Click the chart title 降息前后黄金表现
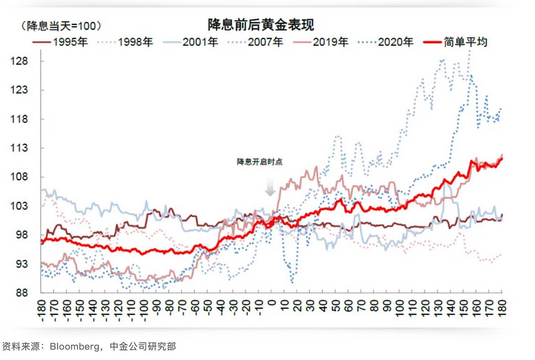tap(261, 24)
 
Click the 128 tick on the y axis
tap(28, 62)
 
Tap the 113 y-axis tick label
tap(28, 148)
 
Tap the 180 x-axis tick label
tap(502, 307)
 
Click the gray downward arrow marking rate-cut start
tap(270, 189)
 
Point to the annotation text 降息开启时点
tap(260, 162)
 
